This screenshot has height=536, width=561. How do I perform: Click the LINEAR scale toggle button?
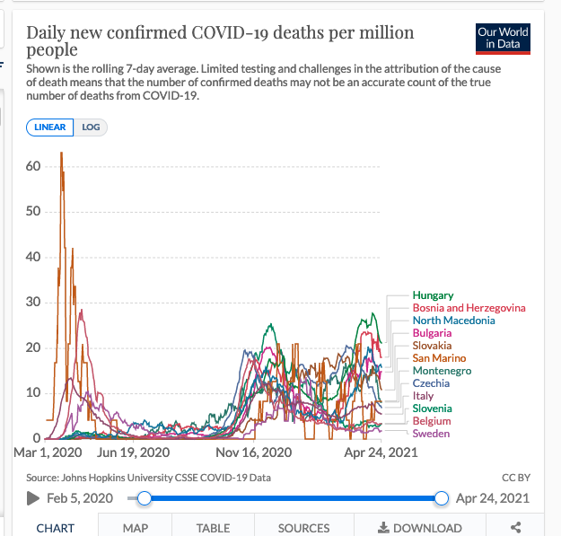coord(50,127)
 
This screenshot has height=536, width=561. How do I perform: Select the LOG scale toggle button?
coord(91,127)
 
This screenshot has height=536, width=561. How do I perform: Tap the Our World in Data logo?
coord(503,39)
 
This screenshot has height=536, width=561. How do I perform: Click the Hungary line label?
coord(433,295)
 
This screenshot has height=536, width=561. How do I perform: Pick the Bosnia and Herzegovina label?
coord(469,308)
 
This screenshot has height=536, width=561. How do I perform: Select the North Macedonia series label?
coord(453,321)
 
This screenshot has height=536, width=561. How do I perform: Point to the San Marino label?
coord(439,358)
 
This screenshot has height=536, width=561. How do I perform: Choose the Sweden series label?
coord(431,434)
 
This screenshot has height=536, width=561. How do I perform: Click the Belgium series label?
coord(432,421)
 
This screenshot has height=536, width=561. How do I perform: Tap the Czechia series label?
coord(432,383)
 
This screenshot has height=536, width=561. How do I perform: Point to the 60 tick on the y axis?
coord(32,166)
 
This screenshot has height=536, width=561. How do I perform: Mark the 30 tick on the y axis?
coord(32,303)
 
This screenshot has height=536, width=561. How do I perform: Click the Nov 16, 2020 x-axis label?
coord(255,453)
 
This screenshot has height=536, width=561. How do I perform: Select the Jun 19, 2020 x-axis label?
coord(133,453)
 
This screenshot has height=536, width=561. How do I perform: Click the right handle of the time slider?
coord(441,498)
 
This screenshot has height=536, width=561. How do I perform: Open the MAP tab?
coord(136,528)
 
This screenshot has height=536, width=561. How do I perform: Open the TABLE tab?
coord(213,528)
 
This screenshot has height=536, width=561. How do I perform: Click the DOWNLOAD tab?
coord(420,528)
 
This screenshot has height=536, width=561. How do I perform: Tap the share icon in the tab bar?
coord(515,528)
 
